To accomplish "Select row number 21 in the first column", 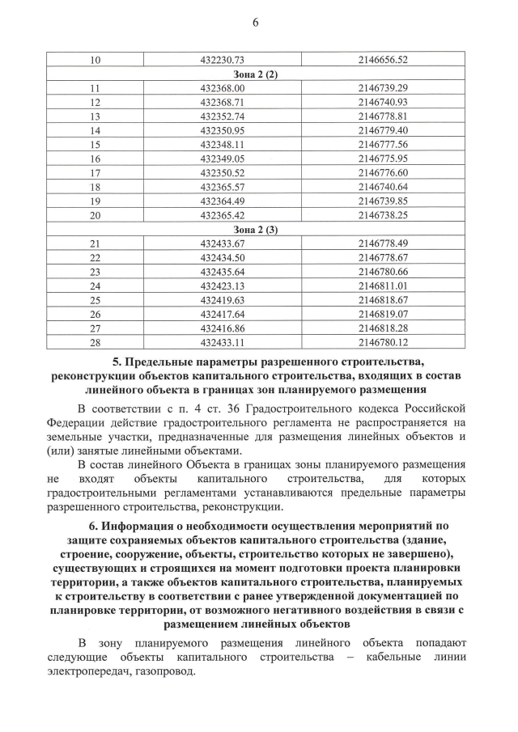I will tap(95, 243).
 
